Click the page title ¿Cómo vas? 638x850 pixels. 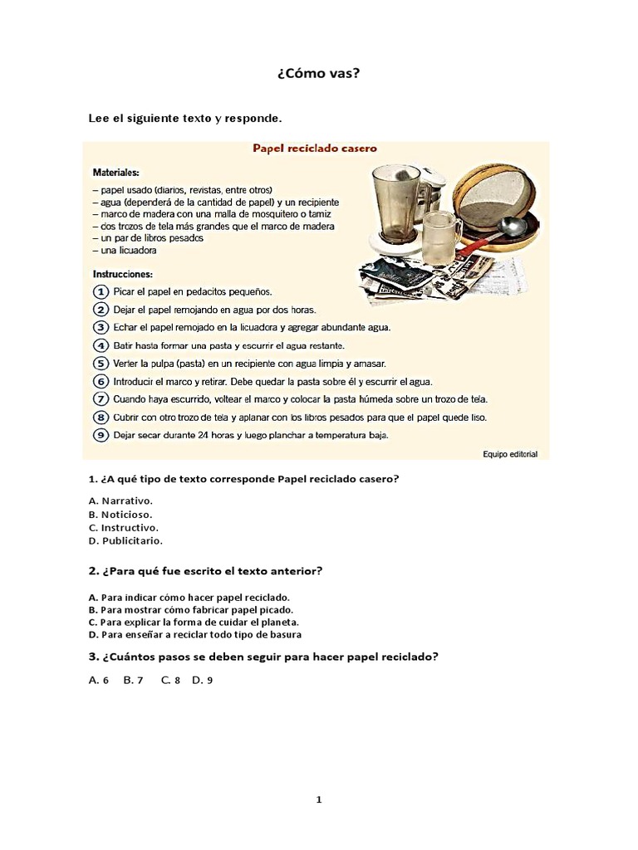(x=318, y=74)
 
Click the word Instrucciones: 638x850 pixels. (x=121, y=273)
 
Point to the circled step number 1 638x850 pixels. (x=100, y=292)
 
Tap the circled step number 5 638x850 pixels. (x=100, y=364)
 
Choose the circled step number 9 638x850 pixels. (x=100, y=435)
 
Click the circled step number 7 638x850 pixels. (x=100, y=399)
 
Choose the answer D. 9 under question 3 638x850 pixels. (x=203, y=680)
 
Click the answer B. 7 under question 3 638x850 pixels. (x=133, y=680)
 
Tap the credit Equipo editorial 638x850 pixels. (x=509, y=454)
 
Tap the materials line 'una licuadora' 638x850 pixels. (x=125, y=251)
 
